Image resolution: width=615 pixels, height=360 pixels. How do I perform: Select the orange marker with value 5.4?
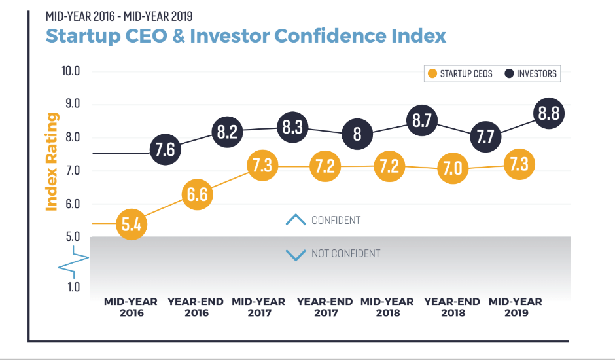tap(132, 225)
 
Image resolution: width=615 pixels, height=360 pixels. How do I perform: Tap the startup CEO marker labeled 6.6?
tap(197, 194)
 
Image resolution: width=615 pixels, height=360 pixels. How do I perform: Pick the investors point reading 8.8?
tap(548, 115)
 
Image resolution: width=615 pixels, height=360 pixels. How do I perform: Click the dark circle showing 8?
tap(357, 134)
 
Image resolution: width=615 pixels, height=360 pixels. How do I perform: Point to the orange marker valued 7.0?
tap(453, 169)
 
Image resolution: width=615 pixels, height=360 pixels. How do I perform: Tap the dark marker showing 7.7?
tap(485, 137)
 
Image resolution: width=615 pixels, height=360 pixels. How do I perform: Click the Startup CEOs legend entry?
tap(459, 73)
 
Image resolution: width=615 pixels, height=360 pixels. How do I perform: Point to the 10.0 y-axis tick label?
tap(71, 71)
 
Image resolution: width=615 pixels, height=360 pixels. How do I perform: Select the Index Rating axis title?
tap(52, 162)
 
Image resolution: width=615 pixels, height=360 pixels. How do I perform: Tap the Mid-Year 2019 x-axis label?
tap(516, 307)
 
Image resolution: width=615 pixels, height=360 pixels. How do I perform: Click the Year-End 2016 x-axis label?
tap(196, 307)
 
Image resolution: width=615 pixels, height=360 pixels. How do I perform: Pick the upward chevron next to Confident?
tap(296, 220)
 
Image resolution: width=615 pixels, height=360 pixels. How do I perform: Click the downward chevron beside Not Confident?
tap(296, 254)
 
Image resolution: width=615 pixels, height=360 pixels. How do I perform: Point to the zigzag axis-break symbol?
tap(73, 261)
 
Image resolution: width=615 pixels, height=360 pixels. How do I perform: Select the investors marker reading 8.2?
tap(227, 131)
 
